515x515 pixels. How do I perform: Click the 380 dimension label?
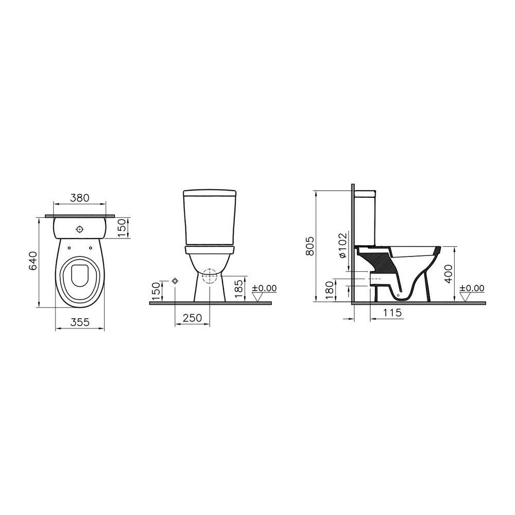[80, 198]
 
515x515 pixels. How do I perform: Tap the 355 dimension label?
[80, 322]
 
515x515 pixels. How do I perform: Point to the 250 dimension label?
[192, 318]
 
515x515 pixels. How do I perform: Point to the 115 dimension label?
[392, 313]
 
